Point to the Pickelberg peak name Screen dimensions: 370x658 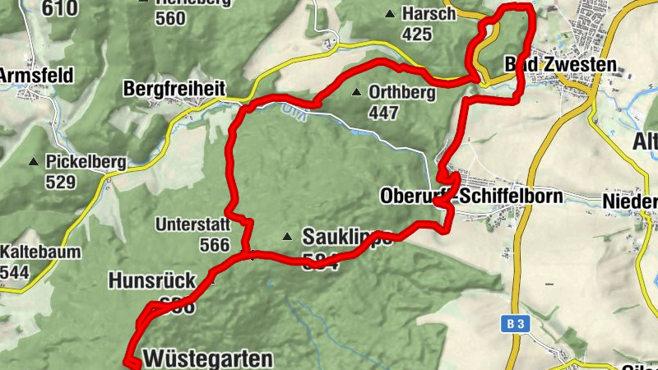86,163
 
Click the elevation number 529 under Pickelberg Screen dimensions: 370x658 60,182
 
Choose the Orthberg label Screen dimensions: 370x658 402,92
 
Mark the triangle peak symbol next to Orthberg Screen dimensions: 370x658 356,92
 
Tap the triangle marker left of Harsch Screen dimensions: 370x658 389,14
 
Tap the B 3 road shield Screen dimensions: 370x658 515,325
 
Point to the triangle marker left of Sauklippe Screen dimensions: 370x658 287,237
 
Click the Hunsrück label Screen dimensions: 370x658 151,280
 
